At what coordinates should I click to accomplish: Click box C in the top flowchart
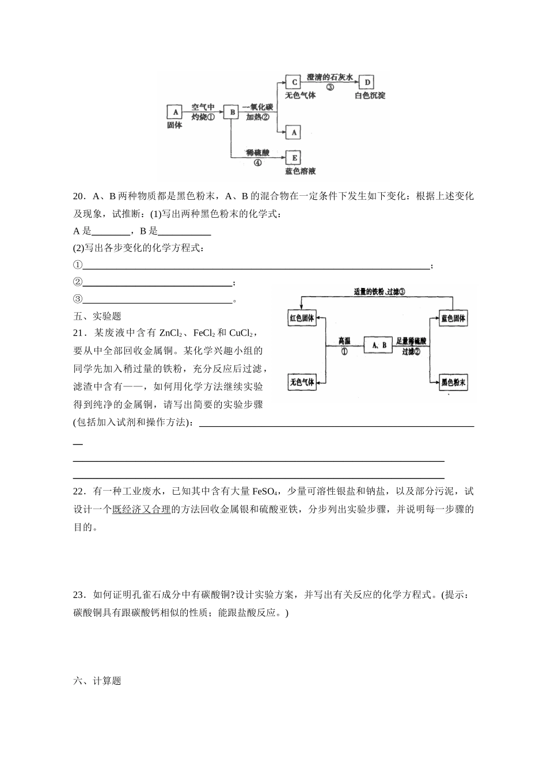coord(294,82)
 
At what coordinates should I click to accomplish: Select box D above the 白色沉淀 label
coord(368,82)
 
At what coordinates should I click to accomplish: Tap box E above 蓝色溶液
coord(294,158)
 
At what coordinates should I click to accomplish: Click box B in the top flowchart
coord(231,112)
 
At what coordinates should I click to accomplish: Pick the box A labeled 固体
coord(175,112)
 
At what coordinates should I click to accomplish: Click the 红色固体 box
coord(302,318)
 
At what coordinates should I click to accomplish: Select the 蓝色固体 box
coord(453,318)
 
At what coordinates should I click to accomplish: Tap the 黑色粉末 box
coord(453,382)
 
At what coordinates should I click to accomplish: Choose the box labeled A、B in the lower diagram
coord(378,345)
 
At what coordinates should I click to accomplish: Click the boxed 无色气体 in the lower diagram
coord(302,382)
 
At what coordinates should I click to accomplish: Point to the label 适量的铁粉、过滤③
coord(379,291)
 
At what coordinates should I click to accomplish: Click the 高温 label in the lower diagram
coord(344,341)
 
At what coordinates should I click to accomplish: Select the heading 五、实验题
coord(97,316)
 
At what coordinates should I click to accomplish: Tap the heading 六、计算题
coord(97,681)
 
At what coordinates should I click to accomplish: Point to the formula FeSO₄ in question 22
coord(265,492)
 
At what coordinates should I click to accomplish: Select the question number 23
coord(79,595)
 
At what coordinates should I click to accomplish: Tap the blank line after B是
coord(184,232)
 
